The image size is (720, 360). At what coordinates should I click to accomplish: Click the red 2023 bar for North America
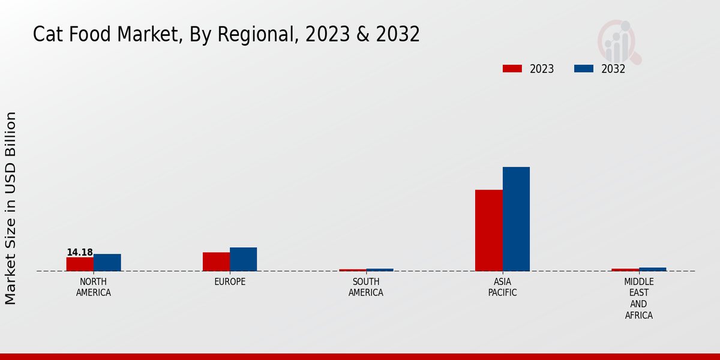(80, 264)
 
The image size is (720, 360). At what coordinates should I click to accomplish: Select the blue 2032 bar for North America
(107, 262)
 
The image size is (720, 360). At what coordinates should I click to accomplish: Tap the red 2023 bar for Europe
(216, 262)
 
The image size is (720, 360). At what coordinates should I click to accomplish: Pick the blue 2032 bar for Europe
(243, 259)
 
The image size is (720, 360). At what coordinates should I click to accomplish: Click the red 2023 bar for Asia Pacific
(488, 230)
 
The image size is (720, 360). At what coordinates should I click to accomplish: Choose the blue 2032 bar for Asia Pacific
(516, 219)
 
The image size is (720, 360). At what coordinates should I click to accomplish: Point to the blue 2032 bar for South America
(380, 270)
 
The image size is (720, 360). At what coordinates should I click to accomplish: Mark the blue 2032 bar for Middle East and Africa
(652, 269)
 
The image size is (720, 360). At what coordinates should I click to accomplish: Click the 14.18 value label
(80, 253)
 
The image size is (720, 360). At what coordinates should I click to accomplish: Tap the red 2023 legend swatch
(512, 69)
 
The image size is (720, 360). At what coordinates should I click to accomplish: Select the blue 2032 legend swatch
(583, 69)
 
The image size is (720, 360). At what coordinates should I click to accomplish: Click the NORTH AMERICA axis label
(94, 287)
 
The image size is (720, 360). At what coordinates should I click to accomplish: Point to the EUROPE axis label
(230, 282)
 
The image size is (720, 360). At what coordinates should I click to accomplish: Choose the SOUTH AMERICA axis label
(366, 287)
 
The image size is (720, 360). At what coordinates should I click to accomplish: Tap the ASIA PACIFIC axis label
(502, 287)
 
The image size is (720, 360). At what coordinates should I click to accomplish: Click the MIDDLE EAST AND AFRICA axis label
(638, 298)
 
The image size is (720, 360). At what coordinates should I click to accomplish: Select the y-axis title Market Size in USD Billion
(11, 208)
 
